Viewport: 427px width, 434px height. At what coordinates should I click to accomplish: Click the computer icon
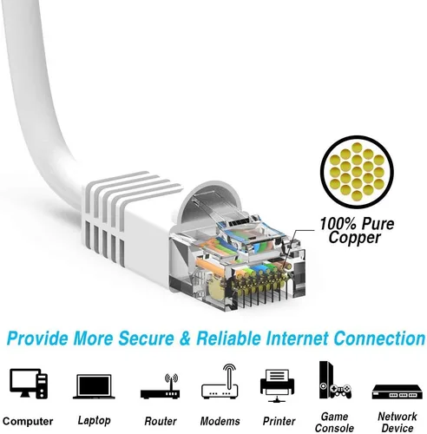(x=29, y=384)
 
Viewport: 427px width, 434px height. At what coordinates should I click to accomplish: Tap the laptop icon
(x=94, y=386)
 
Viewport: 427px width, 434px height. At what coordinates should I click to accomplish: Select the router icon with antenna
(x=160, y=386)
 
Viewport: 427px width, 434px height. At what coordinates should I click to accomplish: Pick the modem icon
(x=220, y=381)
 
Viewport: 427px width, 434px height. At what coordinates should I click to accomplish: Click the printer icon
(x=277, y=385)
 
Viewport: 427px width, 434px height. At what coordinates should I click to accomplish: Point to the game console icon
(x=335, y=380)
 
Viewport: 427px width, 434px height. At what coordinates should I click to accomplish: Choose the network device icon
(x=397, y=392)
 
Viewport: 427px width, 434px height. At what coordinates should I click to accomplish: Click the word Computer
(x=28, y=421)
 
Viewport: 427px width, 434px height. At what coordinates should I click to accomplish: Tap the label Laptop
(x=94, y=420)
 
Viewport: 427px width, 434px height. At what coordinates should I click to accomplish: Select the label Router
(x=161, y=421)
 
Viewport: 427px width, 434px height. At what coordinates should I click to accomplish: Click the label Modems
(x=220, y=421)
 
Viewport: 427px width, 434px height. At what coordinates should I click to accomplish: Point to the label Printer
(x=279, y=421)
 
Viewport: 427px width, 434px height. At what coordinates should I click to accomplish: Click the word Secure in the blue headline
(x=146, y=338)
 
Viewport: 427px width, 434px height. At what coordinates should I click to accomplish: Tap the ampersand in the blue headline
(x=185, y=338)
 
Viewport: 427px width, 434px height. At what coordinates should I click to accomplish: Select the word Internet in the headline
(x=297, y=338)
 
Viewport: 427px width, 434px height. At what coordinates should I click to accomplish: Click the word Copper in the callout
(x=354, y=238)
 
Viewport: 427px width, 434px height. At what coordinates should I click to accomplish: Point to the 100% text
(x=338, y=224)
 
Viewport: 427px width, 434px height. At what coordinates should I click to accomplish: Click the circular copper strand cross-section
(x=357, y=172)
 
